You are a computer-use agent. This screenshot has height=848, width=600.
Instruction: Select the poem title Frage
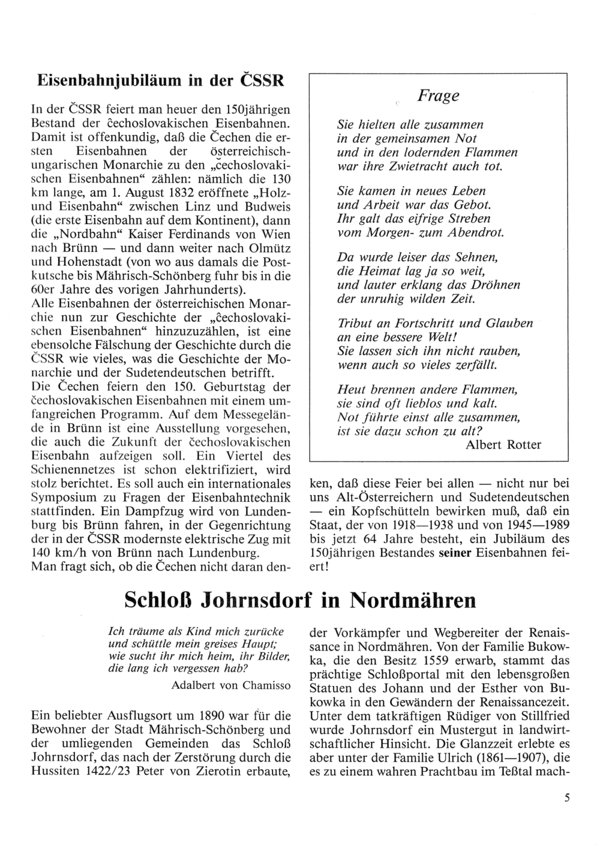(438, 95)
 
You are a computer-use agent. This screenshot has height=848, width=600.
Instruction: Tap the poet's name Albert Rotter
(503, 445)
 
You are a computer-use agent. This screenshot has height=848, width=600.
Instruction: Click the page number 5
(566, 798)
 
